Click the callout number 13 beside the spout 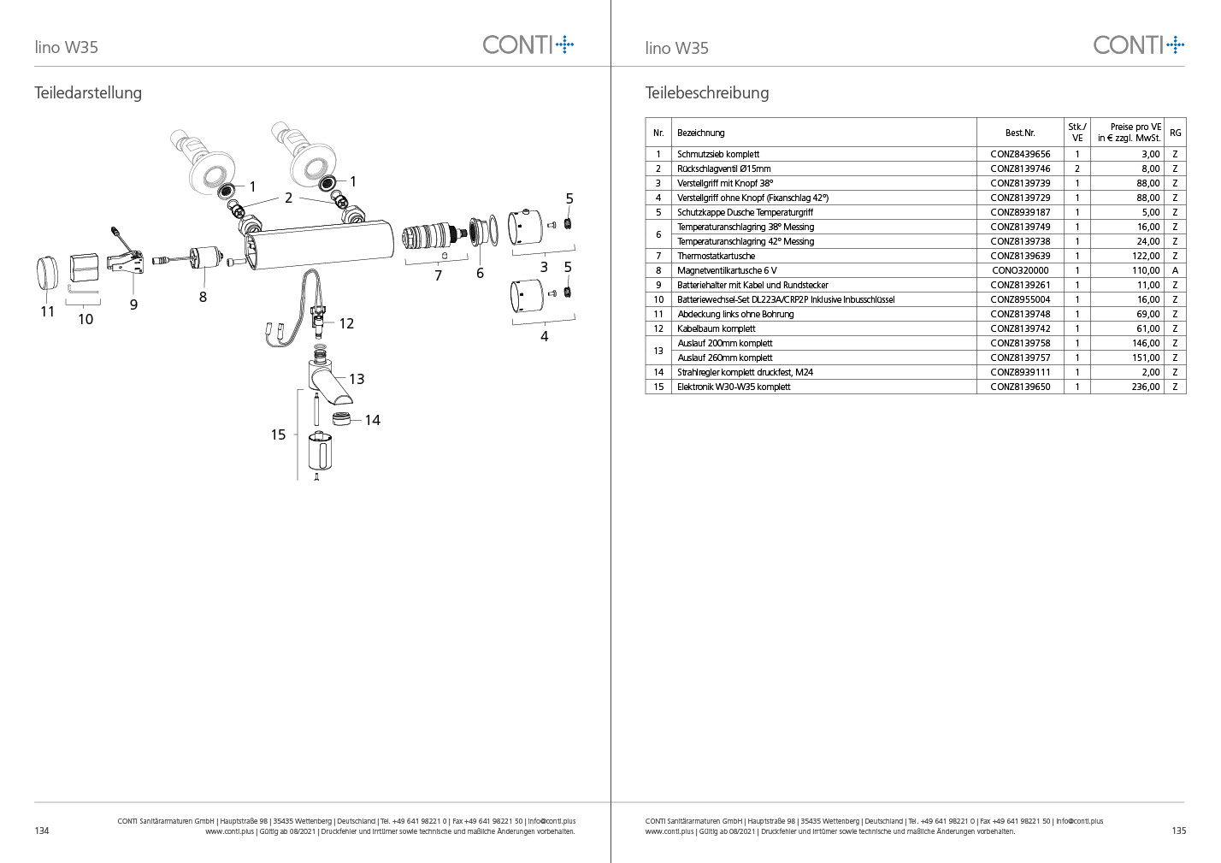point(357,379)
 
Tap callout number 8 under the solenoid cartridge point(203,297)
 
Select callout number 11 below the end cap point(48,311)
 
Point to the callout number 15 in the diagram point(278,434)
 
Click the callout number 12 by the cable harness point(346,323)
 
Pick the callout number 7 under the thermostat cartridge point(438,275)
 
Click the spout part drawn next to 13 point(327,383)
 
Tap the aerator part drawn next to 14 point(339,419)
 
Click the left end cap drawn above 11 point(48,271)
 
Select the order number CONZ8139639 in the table point(1019,256)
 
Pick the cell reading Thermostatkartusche point(716,256)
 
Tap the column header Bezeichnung point(700,133)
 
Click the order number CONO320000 point(1019,270)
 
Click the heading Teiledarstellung point(88,92)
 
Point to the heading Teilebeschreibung point(707,92)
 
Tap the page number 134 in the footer point(42,830)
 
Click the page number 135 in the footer point(1178,830)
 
